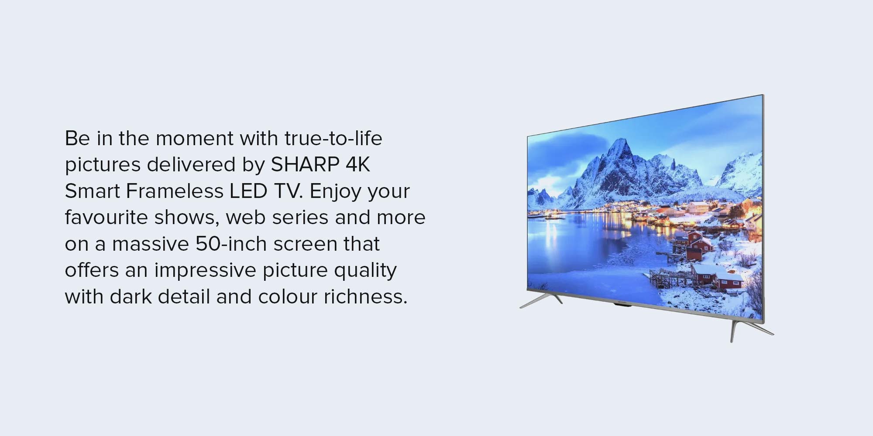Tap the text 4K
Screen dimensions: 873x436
(358, 164)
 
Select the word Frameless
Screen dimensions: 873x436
(175, 191)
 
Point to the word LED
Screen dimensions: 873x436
(249, 191)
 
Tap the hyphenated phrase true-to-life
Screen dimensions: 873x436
(333, 138)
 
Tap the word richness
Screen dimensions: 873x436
(365, 296)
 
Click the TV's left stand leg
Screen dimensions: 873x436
(540, 301)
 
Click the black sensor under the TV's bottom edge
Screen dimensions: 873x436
(622, 305)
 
